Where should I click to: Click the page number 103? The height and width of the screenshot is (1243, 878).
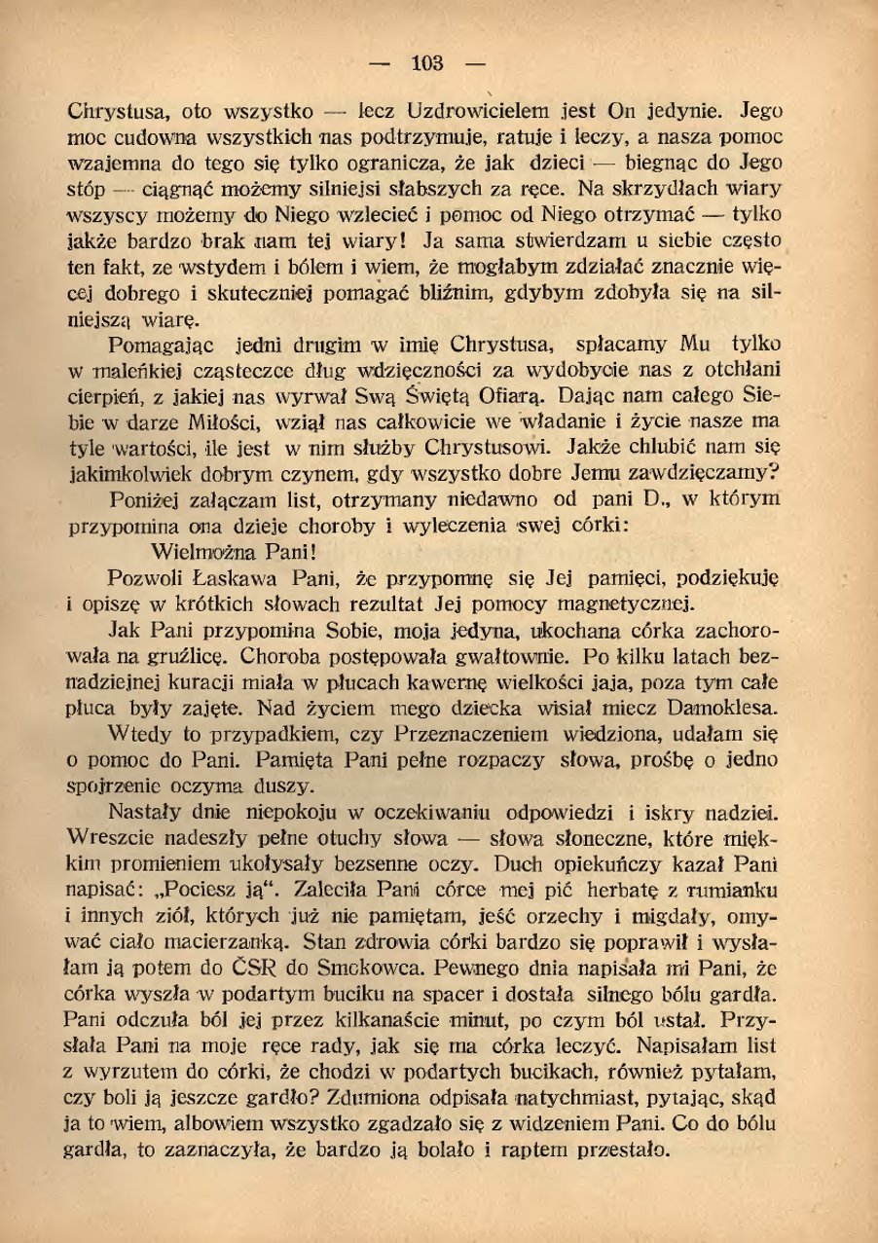(x=427, y=65)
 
